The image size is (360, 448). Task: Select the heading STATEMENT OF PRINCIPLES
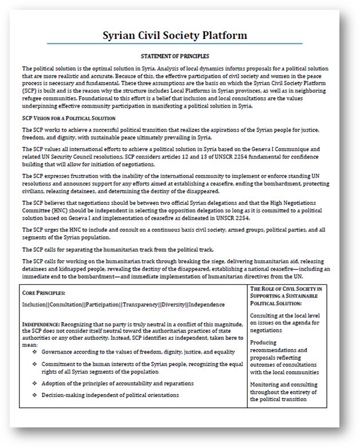pyautogui.click(x=175, y=56)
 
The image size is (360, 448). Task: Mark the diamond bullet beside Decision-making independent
pyautogui.click(x=35, y=395)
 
